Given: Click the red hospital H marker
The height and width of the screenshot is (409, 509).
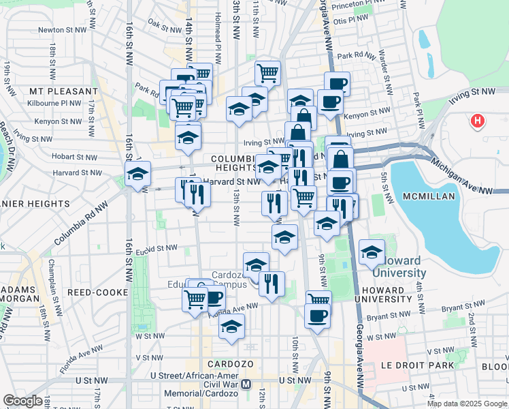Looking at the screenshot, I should [x=478, y=121].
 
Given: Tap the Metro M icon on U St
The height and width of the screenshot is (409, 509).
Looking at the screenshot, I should [x=246, y=384].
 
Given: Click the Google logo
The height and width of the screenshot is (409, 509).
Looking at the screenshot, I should [x=23, y=401].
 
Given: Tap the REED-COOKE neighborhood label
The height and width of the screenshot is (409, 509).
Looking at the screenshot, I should [x=98, y=292].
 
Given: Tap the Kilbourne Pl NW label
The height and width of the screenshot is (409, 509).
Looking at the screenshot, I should [x=57, y=102].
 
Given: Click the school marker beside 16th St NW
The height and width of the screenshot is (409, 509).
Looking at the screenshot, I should [x=137, y=175].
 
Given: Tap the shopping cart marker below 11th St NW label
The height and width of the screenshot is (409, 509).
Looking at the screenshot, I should [x=268, y=72].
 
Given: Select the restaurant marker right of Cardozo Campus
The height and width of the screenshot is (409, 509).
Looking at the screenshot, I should [x=272, y=283].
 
